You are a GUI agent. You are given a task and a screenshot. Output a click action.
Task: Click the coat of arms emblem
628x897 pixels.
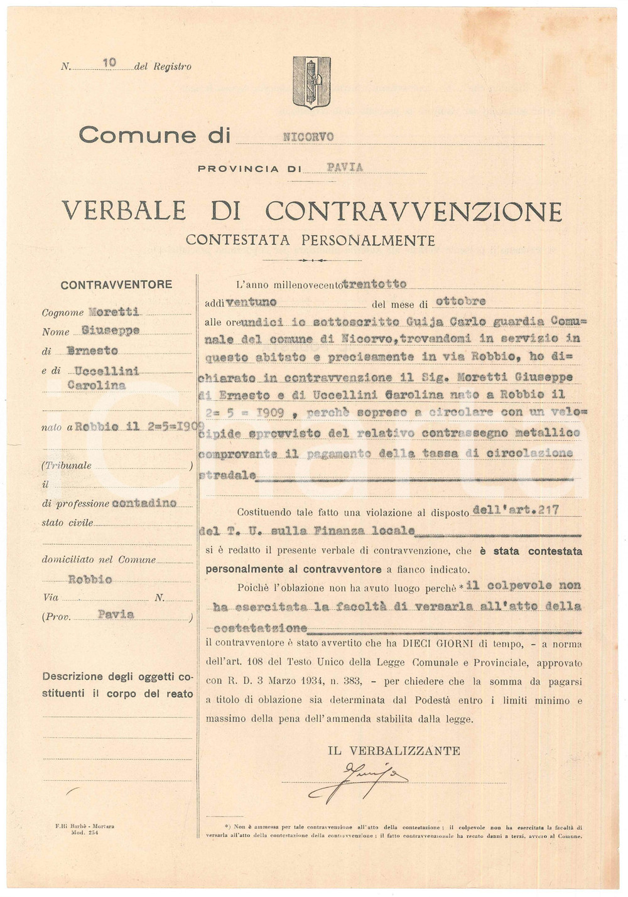pyautogui.click(x=311, y=82)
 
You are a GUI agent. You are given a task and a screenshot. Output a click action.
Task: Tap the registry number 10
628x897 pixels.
pyautogui.click(x=109, y=63)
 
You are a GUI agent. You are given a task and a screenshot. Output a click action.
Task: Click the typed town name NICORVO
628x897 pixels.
pyautogui.click(x=308, y=137)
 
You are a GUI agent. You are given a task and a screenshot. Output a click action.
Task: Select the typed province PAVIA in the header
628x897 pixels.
pyautogui.click(x=345, y=168)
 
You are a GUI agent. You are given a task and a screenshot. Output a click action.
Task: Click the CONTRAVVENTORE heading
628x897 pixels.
pyautogui.click(x=116, y=284)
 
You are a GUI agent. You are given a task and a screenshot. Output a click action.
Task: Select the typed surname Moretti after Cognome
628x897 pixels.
pyautogui.click(x=114, y=311)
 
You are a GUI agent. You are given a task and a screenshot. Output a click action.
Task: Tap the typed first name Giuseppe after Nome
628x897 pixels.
pyautogui.click(x=111, y=331)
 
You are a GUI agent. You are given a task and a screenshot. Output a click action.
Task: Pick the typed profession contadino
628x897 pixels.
pyautogui.click(x=144, y=503)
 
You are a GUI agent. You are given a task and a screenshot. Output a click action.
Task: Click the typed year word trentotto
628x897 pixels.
pyautogui.click(x=374, y=284)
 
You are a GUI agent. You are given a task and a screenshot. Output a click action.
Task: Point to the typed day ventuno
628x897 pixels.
pyautogui.click(x=251, y=303)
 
